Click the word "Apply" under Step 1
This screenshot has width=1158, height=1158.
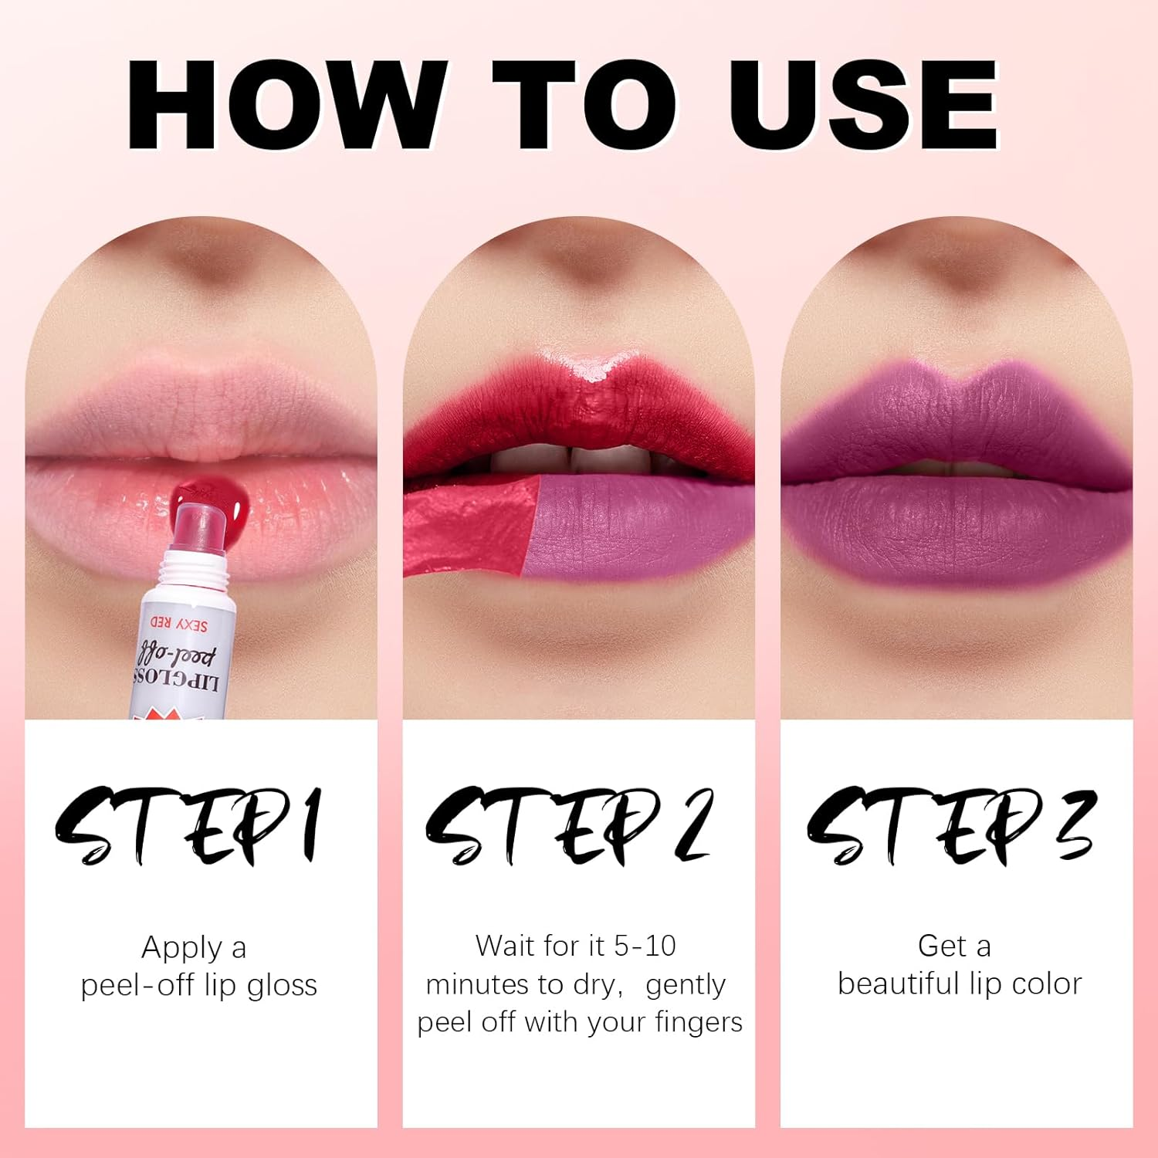pyautogui.click(x=182, y=948)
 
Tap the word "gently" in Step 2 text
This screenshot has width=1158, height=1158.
pyautogui.click(x=686, y=985)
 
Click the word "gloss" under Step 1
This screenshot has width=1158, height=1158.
pyautogui.click(x=282, y=986)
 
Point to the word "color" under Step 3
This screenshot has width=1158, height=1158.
pyautogui.click(x=1046, y=984)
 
